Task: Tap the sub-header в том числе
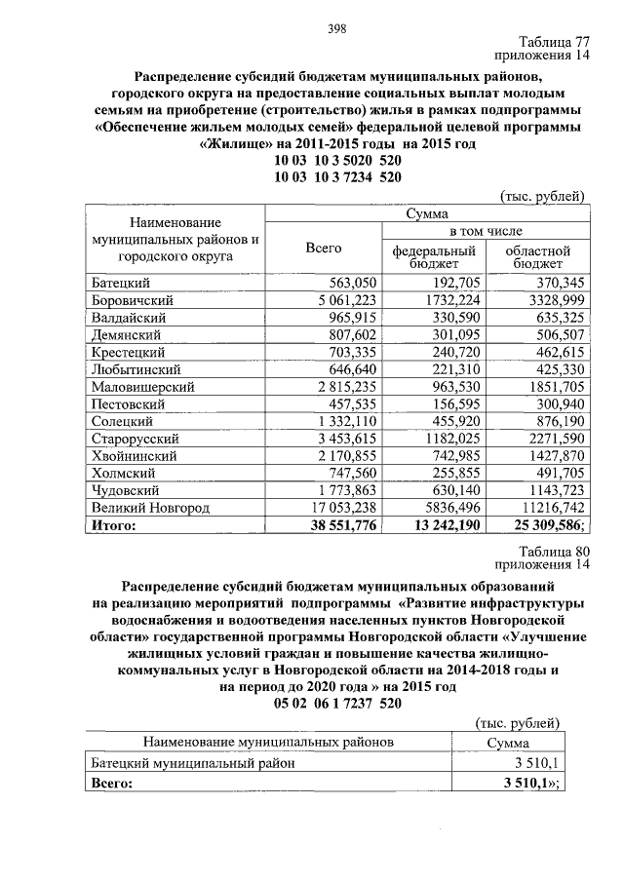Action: click(485, 231)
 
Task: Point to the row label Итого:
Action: click(114, 526)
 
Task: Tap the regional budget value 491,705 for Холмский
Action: click(556, 474)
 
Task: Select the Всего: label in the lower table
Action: click(110, 783)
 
